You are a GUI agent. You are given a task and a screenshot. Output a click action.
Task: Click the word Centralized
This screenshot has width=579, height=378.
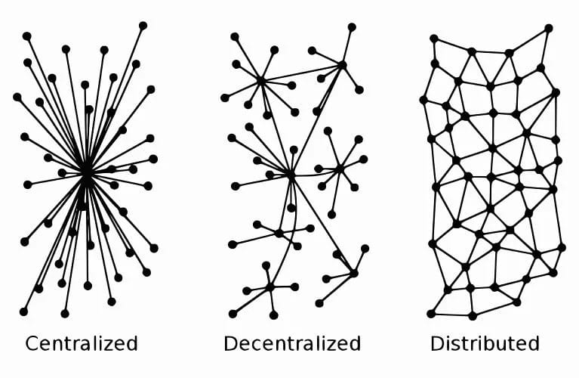82,344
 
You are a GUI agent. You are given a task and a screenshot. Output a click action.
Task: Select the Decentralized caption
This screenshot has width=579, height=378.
292,344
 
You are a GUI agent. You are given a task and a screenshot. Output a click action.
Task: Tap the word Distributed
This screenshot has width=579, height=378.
485,344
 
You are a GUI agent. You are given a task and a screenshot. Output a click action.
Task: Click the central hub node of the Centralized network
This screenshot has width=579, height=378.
86,172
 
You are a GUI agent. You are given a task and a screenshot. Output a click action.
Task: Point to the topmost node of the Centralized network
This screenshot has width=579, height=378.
143,26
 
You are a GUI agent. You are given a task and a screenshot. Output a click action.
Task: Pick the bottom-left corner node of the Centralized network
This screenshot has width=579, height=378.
23,311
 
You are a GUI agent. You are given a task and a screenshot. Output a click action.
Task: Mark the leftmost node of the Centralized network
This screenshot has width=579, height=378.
17,97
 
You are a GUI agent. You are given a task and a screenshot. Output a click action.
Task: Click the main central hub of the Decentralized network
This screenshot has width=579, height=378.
291,175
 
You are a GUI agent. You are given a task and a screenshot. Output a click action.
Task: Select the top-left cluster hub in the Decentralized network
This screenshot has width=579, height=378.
260,80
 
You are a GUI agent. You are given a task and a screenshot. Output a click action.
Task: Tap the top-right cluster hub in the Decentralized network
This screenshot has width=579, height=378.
342,65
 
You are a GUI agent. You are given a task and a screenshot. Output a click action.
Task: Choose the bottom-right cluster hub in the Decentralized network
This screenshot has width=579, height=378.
353,273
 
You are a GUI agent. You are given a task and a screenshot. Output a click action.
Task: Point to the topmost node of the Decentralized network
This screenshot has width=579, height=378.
351,26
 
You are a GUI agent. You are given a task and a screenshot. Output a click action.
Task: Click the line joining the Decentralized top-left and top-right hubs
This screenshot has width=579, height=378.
301,73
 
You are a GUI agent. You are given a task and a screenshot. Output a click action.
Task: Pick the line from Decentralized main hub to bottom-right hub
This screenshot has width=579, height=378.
322,224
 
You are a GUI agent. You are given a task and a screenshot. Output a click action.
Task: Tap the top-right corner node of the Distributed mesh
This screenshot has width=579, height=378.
549,28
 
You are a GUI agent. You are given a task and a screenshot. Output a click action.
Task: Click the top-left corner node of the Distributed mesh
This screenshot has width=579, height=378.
433,38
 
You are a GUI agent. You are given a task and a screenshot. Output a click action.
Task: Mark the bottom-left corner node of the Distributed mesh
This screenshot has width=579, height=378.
431,313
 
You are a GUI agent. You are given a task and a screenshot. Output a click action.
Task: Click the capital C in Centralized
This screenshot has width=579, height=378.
32,344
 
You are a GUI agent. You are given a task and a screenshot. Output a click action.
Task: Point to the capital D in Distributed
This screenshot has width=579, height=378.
438,344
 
